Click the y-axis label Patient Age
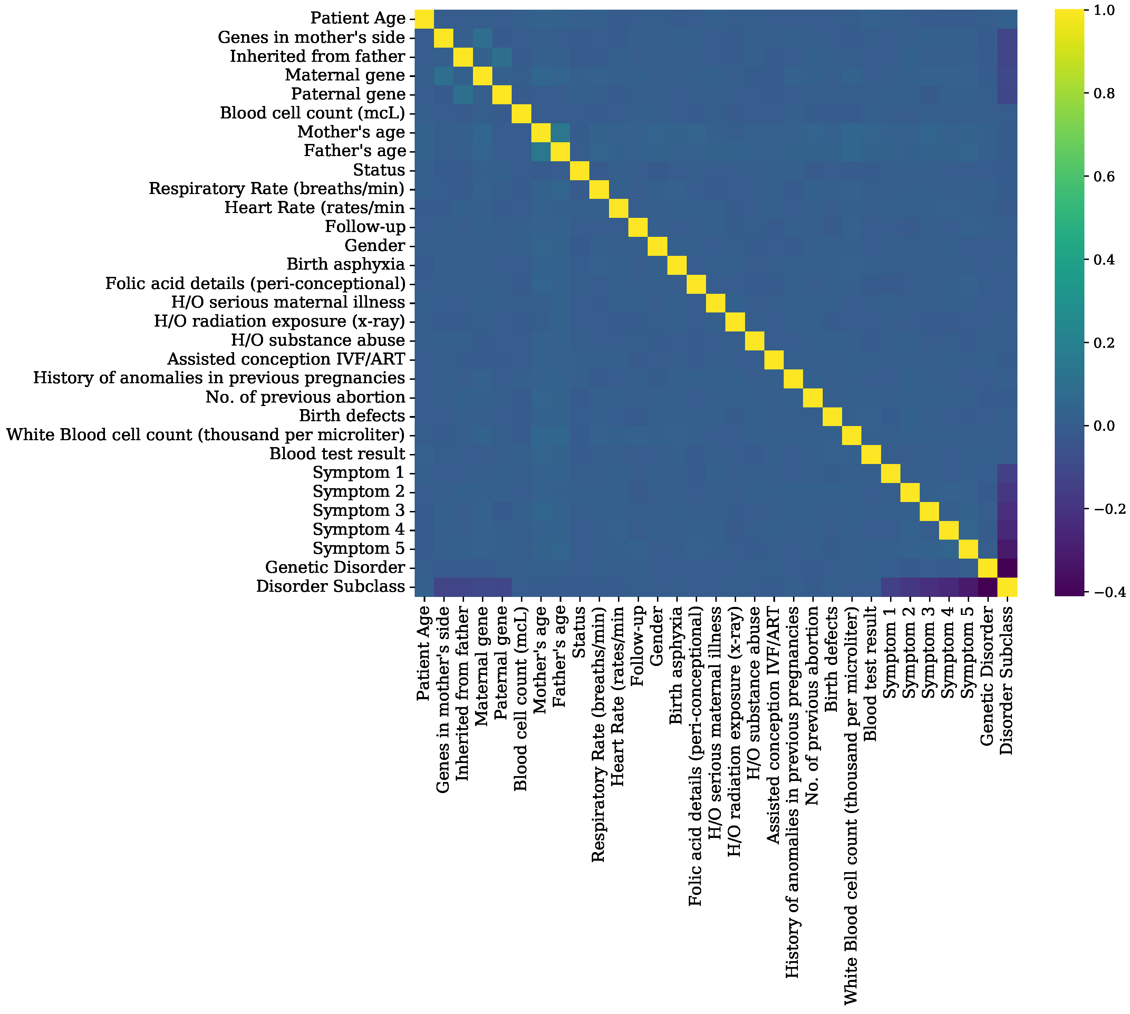point(358,18)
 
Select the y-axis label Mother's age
point(351,132)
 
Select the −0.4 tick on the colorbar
point(1106,592)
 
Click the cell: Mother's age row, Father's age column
point(561,132)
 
